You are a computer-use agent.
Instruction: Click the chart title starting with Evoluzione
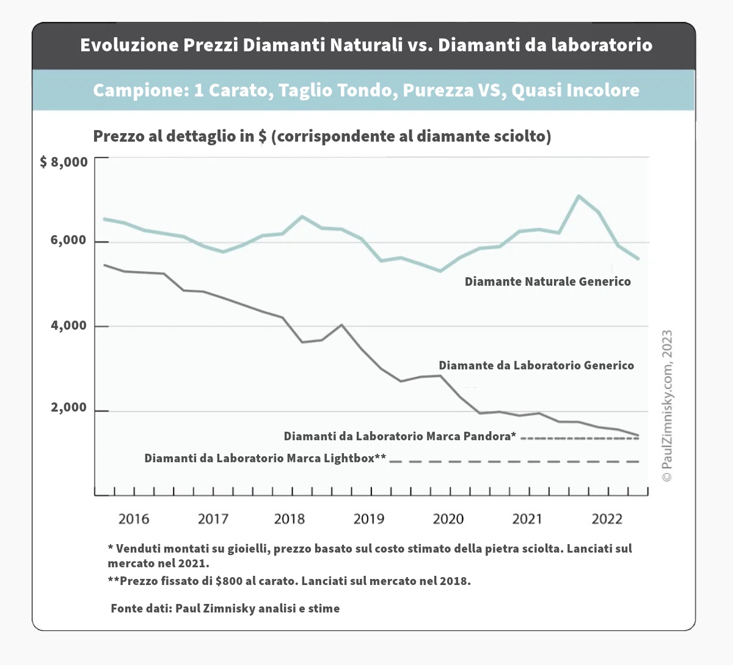pos(366,45)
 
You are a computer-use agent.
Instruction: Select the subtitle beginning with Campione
pos(366,90)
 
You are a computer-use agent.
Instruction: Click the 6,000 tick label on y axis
pos(68,241)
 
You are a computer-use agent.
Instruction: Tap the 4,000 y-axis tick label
pos(68,325)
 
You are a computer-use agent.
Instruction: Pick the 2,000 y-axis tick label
pos(68,408)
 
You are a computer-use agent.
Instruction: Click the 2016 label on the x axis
pos(133,519)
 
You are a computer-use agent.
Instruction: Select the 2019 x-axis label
pos(369,519)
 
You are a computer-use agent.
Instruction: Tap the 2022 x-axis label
pos(607,519)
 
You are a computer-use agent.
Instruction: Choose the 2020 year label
pos(448,519)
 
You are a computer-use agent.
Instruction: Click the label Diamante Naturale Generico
pos(547,282)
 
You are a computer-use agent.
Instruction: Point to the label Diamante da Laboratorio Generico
pos(536,366)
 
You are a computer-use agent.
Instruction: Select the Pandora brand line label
pos(399,437)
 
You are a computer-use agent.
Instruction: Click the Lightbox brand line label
pos(265,459)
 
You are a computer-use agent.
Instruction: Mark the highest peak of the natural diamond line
pos(578,196)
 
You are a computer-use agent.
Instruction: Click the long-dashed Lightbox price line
pos(513,462)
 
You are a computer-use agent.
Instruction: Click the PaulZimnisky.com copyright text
pos(667,405)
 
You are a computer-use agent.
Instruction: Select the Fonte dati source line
pos(225,609)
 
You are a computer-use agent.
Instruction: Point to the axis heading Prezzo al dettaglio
pos(322,136)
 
